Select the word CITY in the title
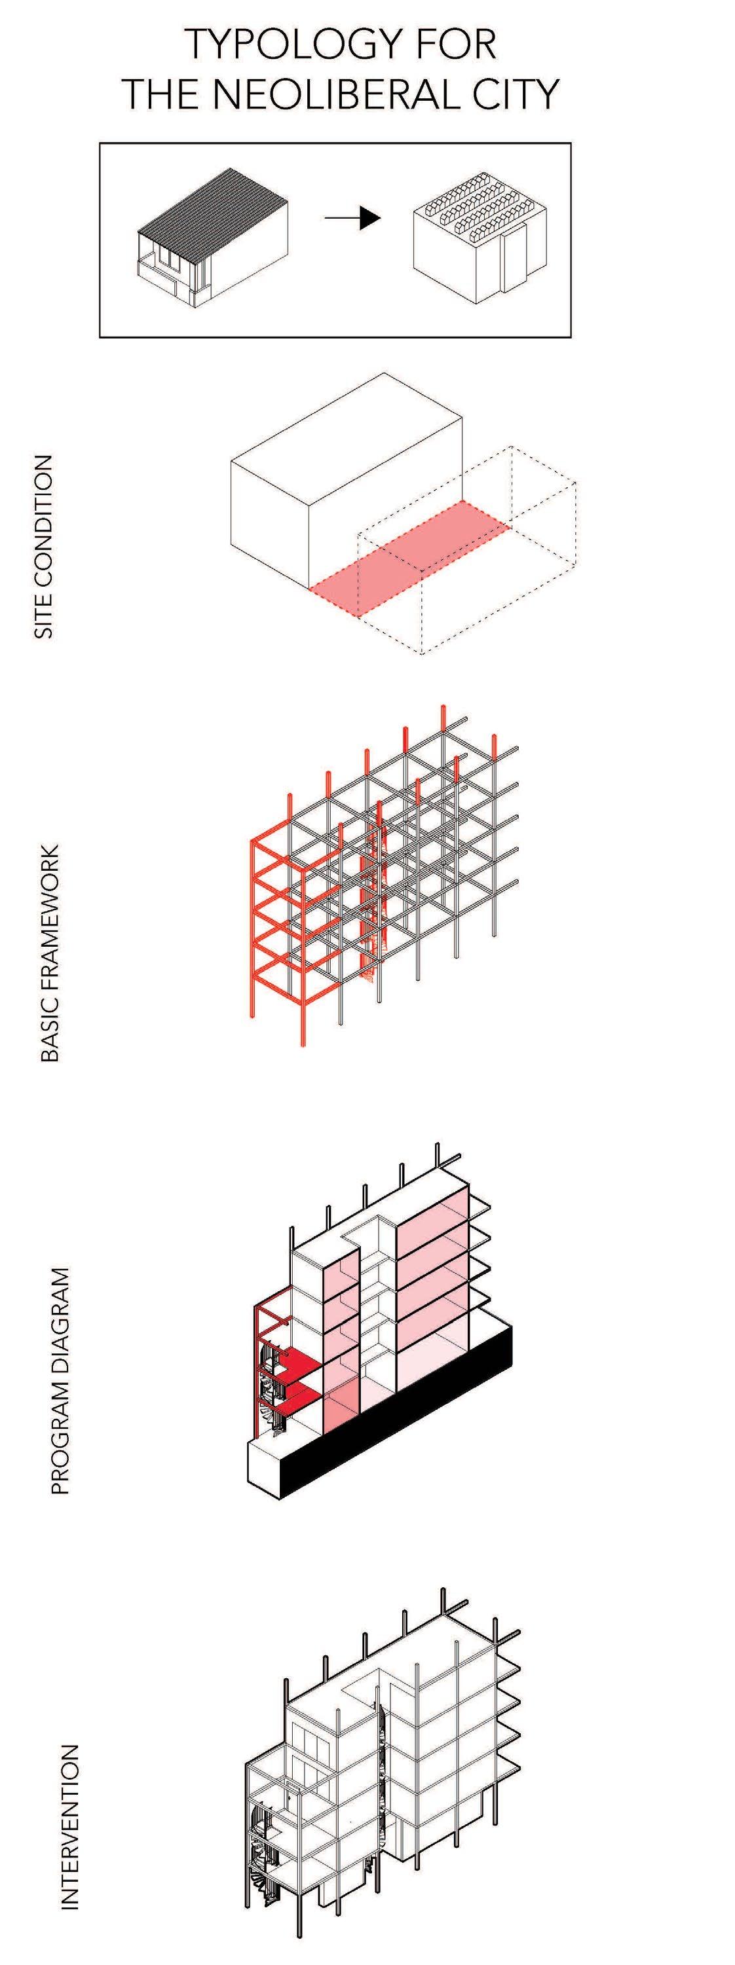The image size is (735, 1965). (x=512, y=94)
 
